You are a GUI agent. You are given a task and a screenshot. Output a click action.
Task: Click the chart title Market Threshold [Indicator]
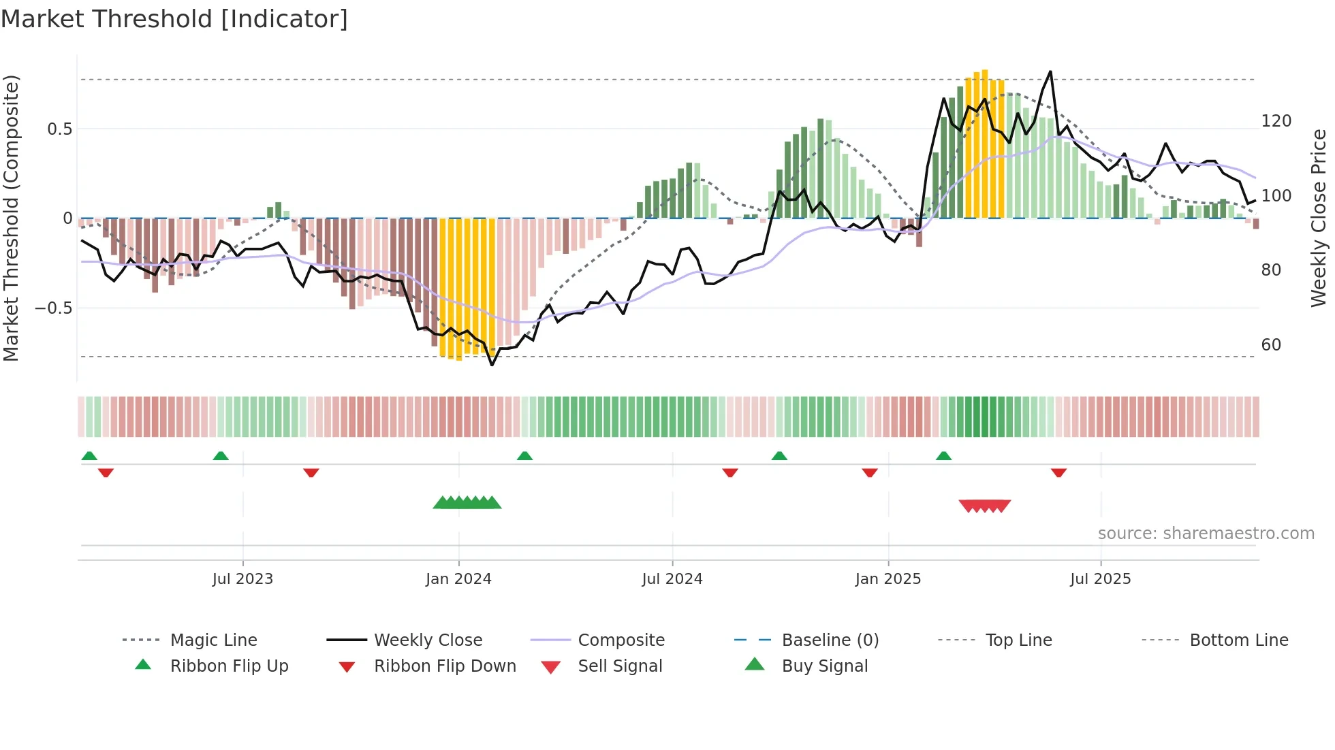[174, 19]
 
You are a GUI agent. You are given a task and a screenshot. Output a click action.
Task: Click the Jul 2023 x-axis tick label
[242, 579]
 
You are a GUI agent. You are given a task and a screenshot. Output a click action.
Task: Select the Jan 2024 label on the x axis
[458, 579]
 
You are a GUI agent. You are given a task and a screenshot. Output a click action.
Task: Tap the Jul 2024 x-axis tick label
[672, 579]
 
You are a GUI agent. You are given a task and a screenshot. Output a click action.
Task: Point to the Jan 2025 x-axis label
[888, 579]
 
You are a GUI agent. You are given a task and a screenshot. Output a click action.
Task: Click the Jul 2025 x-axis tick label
[1101, 579]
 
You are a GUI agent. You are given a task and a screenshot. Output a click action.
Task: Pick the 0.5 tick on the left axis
[60, 129]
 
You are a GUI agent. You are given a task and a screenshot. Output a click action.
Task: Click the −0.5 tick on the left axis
[54, 308]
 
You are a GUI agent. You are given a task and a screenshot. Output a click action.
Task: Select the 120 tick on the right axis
[1276, 121]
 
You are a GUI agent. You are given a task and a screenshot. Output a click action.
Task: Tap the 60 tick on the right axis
[1271, 345]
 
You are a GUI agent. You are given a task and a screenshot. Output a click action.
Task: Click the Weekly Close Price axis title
[1319, 218]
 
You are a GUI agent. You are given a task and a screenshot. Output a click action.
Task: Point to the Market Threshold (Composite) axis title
[11, 218]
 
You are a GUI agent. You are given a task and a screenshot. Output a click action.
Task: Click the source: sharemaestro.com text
[1206, 534]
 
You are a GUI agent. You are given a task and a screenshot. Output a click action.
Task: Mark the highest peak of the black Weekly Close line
[1050, 71]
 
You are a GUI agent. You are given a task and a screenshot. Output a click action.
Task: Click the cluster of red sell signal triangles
[985, 506]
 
